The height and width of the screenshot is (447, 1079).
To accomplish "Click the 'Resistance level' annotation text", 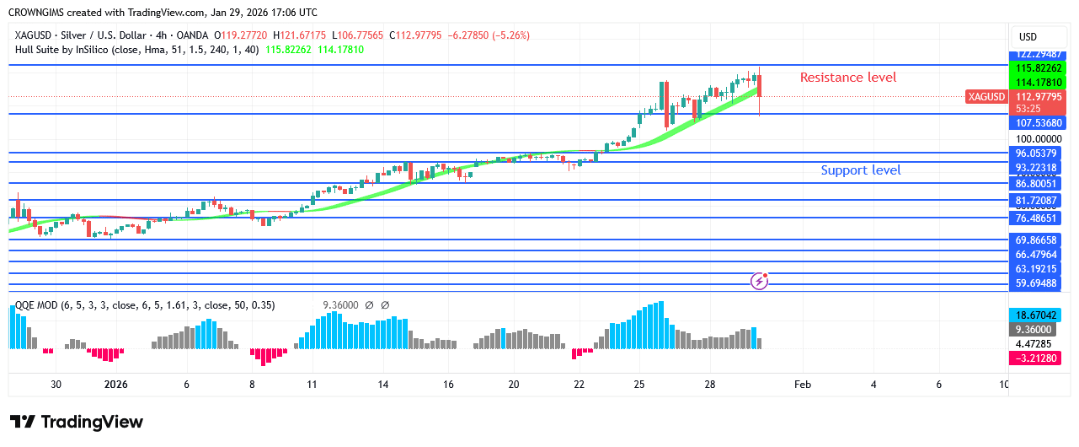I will tap(847, 78).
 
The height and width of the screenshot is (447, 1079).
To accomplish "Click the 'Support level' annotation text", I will tap(860, 170).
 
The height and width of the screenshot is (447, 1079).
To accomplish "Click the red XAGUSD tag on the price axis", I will tap(986, 97).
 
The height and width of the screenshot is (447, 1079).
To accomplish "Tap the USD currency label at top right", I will tap(1028, 37).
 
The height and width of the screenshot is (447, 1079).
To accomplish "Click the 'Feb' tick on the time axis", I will tap(802, 385).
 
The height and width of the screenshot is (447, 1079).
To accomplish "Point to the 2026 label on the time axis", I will tap(115, 385).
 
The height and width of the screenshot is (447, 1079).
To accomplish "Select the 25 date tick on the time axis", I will tap(639, 385).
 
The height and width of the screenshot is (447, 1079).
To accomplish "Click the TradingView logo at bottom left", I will tap(77, 422).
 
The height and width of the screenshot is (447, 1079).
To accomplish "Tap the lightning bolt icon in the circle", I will tap(759, 281).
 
